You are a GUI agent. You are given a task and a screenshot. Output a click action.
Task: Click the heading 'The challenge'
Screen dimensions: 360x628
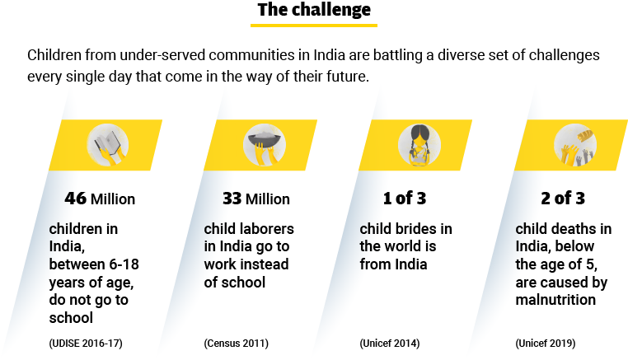313,10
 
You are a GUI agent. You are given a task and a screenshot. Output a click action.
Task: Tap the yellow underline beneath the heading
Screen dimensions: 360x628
313,26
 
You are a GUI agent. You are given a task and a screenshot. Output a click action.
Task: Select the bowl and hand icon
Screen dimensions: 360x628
263,145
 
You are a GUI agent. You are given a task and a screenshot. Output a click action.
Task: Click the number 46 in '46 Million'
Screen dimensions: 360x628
75,199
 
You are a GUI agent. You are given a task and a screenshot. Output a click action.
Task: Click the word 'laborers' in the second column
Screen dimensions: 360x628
265,228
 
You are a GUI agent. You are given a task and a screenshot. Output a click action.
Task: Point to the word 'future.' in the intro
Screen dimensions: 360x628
349,76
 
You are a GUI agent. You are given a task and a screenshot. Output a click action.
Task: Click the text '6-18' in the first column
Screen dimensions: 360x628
117,264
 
